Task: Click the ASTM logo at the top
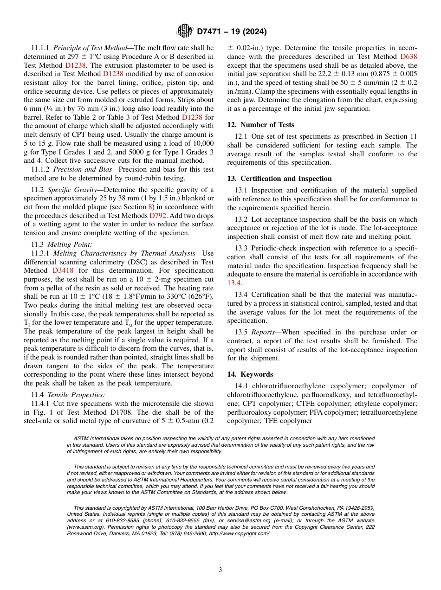[x=185, y=32]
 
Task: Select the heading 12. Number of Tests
[x=260, y=125]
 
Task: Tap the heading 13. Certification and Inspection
[x=279, y=179]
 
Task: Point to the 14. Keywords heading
[x=250, y=374]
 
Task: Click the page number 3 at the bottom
[x=220, y=570]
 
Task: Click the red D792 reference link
[x=157, y=216]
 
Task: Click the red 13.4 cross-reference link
[x=234, y=283]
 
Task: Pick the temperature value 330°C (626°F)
[x=189, y=296]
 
